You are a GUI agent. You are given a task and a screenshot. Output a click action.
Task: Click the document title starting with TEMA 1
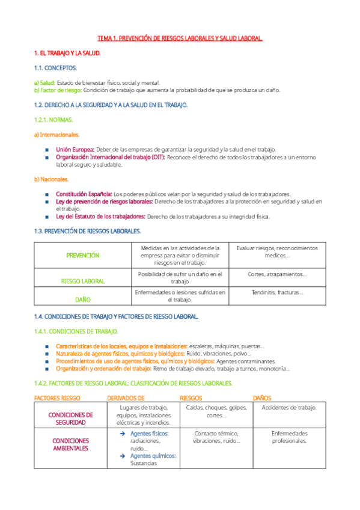point(180,38)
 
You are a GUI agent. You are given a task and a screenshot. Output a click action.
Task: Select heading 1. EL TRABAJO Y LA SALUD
point(67,53)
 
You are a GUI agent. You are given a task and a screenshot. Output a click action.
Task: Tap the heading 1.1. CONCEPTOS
point(55,68)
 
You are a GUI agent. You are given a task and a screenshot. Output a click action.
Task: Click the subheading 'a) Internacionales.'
point(57,134)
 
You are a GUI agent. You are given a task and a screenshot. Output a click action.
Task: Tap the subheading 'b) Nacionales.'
point(51,179)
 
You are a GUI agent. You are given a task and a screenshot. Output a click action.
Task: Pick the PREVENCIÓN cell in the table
point(83,256)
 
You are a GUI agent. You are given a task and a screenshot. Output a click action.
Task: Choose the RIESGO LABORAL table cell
point(83,281)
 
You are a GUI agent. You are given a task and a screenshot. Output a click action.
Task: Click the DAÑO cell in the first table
point(83,298)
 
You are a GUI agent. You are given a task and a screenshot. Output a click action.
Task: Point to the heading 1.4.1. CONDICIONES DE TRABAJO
point(76,331)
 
